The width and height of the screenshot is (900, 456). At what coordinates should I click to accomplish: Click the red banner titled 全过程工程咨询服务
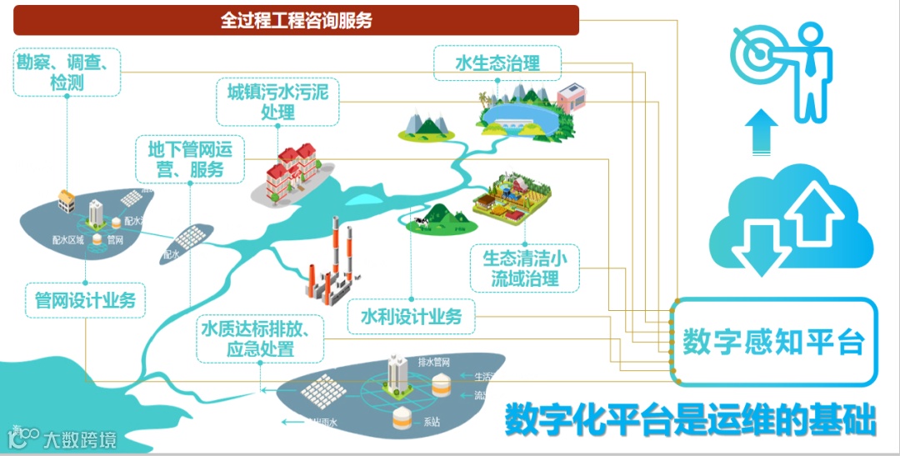pos(296,20)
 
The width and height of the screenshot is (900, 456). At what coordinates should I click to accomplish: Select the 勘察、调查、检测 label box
pos(67,72)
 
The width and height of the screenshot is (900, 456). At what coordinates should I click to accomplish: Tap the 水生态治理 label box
pos(497,63)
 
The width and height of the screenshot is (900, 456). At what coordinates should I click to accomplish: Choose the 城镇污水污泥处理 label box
pos(277,101)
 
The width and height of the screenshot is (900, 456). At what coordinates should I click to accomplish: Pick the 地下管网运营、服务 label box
pos(191,159)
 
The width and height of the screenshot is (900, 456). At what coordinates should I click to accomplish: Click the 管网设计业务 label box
pos(85,299)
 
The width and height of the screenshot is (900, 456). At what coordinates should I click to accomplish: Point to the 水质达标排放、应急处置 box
pos(260,338)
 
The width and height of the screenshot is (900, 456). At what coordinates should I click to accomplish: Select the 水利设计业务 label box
pos(411,316)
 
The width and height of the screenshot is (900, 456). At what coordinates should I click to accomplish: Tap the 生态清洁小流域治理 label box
pos(525,268)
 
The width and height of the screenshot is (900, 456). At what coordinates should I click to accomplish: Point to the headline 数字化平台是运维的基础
pos(691,419)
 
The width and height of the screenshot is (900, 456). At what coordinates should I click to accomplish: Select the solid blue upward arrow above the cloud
pos(760,133)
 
